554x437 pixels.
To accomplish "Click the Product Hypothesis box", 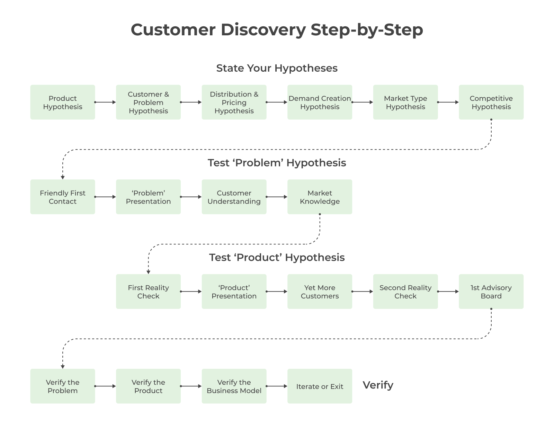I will [63, 102].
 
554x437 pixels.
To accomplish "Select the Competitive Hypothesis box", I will [491, 102].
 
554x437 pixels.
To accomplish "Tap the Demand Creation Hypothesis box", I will [320, 102].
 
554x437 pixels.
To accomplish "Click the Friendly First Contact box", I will [63, 197].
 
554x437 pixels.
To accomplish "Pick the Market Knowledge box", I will [320, 197].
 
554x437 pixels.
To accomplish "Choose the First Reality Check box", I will [148, 292].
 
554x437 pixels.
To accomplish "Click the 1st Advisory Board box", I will [491, 292].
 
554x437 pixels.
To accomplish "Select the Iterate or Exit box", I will [320, 386].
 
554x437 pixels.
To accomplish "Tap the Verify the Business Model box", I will [234, 386].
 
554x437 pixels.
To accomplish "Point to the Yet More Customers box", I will [320, 292].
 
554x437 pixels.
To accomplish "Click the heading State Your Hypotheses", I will [277, 68].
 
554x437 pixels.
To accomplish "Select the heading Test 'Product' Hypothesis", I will [277, 258].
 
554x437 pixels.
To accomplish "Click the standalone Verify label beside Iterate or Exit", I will [378, 385].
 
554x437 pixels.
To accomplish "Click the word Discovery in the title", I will [263, 30].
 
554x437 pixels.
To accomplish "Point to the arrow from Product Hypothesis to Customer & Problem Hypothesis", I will [105, 102].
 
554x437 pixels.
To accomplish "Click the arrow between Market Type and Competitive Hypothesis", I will [448, 102].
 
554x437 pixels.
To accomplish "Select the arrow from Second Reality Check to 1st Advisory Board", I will [448, 292].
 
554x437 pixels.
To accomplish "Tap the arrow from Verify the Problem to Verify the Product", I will [105, 386].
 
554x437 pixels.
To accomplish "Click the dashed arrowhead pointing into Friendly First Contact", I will [63, 177].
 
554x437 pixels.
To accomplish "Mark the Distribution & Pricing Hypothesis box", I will [234, 102].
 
